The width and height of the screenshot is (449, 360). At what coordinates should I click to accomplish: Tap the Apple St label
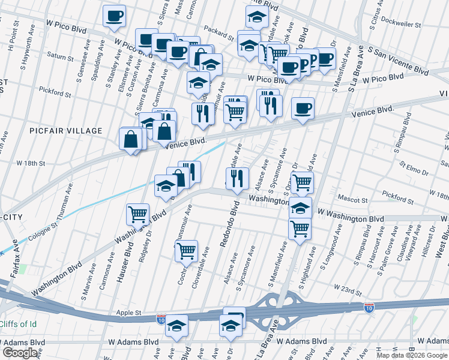point(129,313)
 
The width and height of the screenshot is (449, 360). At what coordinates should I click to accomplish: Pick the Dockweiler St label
point(415,25)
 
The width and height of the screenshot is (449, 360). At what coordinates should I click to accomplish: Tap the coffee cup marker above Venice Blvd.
point(303,109)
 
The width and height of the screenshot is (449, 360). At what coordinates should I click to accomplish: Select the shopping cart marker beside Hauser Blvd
point(138,214)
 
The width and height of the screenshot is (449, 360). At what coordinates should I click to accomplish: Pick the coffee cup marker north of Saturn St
point(114,16)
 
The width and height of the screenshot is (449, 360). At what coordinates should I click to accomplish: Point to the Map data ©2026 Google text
point(411,355)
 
